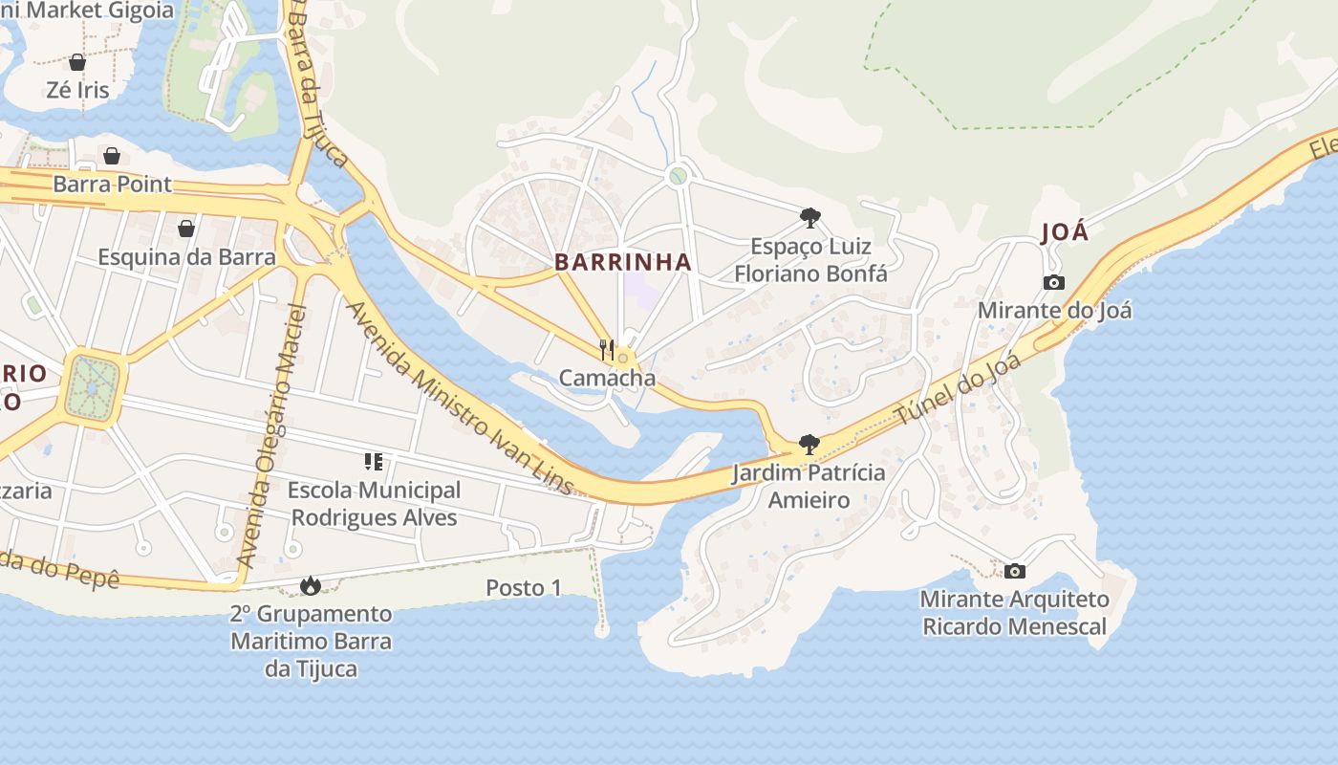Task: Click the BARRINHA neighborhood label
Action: coord(623,262)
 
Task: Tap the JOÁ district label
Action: coord(1064,232)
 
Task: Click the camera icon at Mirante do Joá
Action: coord(1054,282)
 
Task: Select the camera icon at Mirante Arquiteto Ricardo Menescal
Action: coord(1015,571)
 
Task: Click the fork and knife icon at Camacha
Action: coord(607,349)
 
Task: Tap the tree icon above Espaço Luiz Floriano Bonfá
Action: coord(809,218)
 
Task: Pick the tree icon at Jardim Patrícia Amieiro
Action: coord(809,444)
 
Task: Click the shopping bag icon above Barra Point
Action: coord(112,156)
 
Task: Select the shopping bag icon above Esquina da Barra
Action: coord(186,229)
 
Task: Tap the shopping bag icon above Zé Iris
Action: coord(77,62)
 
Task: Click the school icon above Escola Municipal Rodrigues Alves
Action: coord(374,462)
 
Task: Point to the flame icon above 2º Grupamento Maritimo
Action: coord(310,584)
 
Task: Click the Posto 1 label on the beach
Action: coord(524,588)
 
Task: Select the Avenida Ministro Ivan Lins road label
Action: coord(460,398)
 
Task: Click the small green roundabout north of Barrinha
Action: coord(678,176)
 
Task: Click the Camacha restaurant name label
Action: coord(608,378)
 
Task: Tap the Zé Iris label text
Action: coord(77,90)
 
